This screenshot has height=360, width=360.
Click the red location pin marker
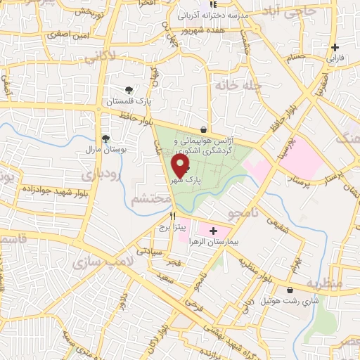181,165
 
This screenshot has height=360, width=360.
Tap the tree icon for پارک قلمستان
129,89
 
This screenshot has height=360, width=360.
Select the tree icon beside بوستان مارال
105,139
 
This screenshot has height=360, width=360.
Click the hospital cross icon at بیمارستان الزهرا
213,230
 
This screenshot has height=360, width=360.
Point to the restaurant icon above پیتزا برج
172,217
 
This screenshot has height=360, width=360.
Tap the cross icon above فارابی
336,48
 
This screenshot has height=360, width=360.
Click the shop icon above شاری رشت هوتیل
289,289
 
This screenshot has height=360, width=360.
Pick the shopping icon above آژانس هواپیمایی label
203,129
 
